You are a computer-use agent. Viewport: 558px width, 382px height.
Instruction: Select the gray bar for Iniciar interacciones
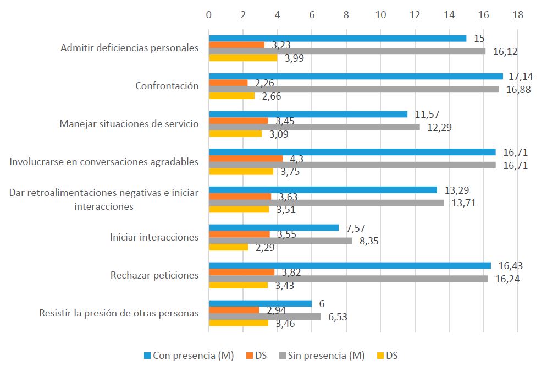click(x=280, y=241)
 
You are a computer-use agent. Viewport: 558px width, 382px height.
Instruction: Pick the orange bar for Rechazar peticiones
click(x=241, y=272)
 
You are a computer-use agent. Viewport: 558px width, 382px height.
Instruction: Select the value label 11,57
click(x=427, y=114)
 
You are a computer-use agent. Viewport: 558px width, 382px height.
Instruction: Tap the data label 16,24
click(x=507, y=279)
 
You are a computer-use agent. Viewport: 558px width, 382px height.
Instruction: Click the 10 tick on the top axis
click(x=380, y=15)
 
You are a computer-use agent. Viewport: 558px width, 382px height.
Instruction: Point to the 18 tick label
click(x=517, y=15)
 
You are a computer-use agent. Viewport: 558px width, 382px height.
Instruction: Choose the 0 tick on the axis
click(x=209, y=15)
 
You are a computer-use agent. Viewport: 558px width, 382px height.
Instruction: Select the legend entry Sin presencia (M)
click(x=324, y=356)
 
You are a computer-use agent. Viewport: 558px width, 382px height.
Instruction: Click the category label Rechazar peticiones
click(x=154, y=275)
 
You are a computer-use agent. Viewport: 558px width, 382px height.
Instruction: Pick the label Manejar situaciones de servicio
click(x=129, y=123)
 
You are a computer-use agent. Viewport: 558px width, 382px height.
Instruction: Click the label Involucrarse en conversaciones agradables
click(x=104, y=161)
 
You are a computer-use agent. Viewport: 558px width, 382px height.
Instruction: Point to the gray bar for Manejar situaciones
click(x=314, y=127)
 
